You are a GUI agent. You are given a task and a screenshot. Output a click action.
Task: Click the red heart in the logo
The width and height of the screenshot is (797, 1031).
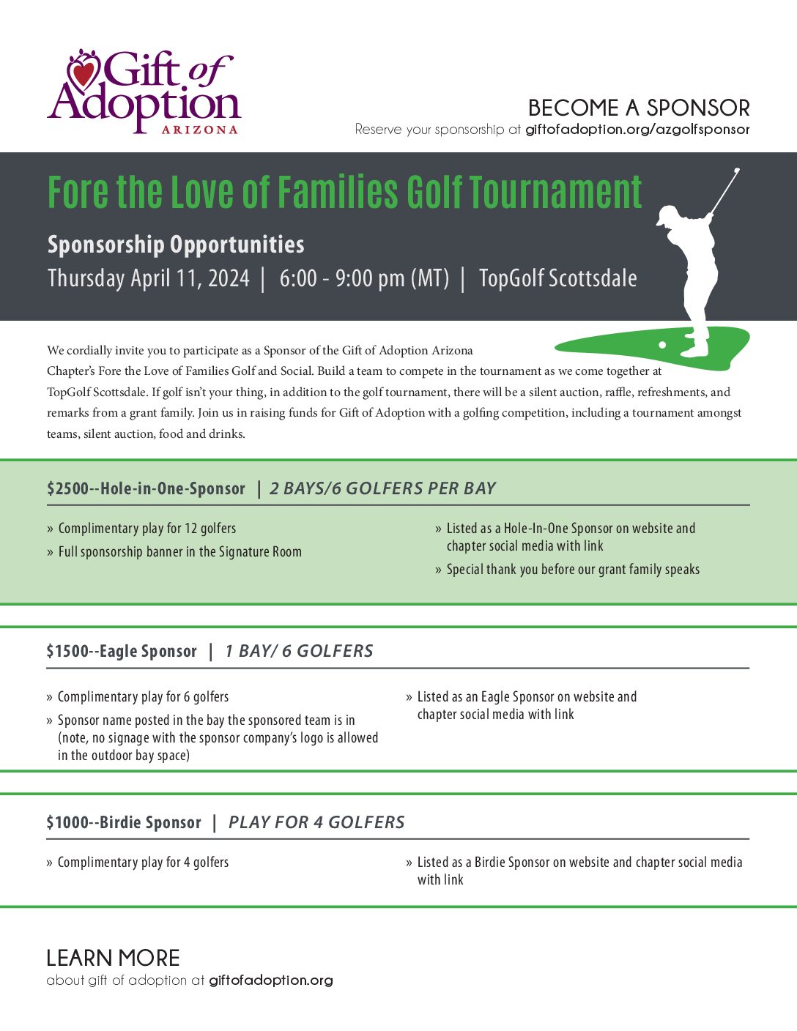click(84, 72)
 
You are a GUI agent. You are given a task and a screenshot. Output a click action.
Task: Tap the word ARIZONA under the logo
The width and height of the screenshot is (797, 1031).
click(199, 130)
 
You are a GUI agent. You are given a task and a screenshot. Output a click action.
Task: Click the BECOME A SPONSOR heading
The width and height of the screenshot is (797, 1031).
click(639, 108)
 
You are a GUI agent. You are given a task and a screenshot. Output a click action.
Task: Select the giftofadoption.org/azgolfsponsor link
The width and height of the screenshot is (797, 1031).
click(637, 130)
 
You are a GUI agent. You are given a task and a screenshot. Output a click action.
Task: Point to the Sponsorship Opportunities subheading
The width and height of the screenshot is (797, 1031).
click(176, 245)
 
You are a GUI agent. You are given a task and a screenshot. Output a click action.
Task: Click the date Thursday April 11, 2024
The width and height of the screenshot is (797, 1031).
click(149, 278)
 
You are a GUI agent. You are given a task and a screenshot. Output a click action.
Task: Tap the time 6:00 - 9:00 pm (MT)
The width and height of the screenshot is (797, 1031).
click(364, 278)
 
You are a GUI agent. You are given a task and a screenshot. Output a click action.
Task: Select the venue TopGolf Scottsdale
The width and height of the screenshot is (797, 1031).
click(557, 278)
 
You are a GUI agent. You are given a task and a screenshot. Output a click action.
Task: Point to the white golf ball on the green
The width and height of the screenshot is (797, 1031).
click(662, 344)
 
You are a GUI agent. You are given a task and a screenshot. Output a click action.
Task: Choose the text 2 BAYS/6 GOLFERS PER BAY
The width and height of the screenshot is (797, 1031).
click(382, 488)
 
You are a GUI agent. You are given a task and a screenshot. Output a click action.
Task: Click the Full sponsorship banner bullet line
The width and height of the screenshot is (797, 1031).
click(179, 551)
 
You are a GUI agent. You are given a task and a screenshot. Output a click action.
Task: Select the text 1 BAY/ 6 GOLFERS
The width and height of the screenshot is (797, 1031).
click(299, 651)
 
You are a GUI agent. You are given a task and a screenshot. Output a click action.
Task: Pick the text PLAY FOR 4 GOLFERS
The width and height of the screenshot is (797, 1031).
click(316, 822)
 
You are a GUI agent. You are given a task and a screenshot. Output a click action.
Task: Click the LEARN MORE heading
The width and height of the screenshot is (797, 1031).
click(113, 958)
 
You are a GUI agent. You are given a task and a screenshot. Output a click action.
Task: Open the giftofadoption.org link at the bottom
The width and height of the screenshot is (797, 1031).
click(270, 980)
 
